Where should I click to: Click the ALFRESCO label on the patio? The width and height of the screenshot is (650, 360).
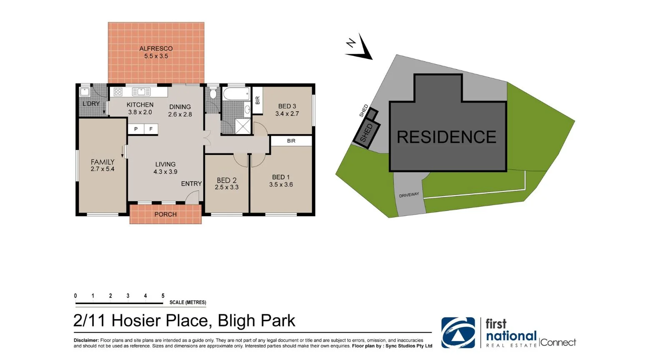(x=156, y=49)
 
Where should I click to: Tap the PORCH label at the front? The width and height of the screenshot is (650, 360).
(x=165, y=214)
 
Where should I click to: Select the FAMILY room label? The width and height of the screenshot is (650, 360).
(x=102, y=162)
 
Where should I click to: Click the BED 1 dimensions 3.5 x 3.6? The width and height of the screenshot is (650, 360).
(x=281, y=185)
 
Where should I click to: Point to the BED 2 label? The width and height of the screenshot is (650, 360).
(x=227, y=180)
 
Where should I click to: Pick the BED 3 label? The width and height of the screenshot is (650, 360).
(x=287, y=106)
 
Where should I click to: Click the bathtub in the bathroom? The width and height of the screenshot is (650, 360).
(x=236, y=94)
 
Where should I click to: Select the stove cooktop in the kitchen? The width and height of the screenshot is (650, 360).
(x=118, y=92)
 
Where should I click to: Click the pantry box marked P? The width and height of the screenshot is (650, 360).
(x=136, y=129)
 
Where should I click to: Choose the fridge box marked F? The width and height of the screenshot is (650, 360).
(x=151, y=129)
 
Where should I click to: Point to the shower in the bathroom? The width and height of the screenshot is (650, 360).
(x=243, y=126)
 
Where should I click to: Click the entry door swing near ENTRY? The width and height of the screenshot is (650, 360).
(x=192, y=197)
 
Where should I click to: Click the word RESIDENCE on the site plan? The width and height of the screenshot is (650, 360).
(x=446, y=137)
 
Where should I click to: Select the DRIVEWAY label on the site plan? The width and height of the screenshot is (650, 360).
(x=409, y=195)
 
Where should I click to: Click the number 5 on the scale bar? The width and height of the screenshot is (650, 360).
(x=163, y=296)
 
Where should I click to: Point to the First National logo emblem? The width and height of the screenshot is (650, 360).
(x=458, y=332)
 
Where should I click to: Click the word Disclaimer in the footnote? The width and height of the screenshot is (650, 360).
(x=86, y=340)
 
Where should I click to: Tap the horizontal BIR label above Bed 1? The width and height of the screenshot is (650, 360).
(x=291, y=141)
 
